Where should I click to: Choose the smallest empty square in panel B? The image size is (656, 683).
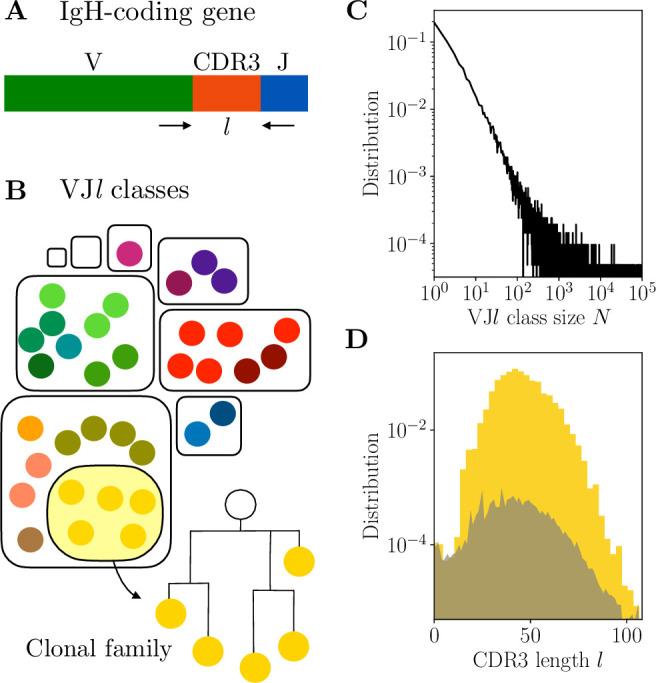57,257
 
